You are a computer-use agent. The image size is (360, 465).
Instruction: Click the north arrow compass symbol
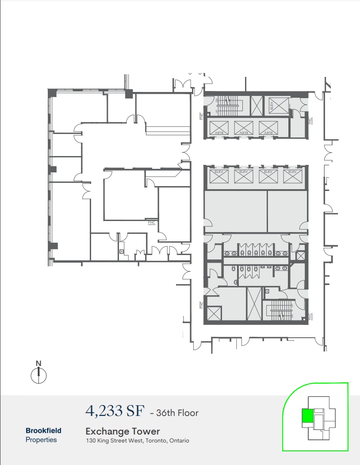[39, 375]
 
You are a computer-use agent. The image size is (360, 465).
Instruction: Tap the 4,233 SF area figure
[115, 411]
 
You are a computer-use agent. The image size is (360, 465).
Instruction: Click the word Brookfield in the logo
[43, 431]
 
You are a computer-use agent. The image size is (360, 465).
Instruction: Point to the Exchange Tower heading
[123, 431]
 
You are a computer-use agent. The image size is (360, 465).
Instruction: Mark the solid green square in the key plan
[306, 416]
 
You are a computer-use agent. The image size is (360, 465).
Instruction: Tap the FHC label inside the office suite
[152, 223]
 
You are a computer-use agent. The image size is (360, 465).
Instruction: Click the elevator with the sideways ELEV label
[272, 106]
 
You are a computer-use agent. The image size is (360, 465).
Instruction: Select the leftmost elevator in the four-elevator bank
[218, 176]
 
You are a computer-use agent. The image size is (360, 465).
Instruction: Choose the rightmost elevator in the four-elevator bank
[292, 176]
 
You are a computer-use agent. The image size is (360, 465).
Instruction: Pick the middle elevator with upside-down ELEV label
[243, 128]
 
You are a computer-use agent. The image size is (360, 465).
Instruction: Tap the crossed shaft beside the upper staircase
[256, 106]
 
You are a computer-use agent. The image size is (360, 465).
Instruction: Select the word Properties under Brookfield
[41, 440]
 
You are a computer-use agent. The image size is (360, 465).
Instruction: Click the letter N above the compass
[38, 363]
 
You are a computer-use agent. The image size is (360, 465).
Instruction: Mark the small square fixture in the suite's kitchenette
[122, 252]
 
